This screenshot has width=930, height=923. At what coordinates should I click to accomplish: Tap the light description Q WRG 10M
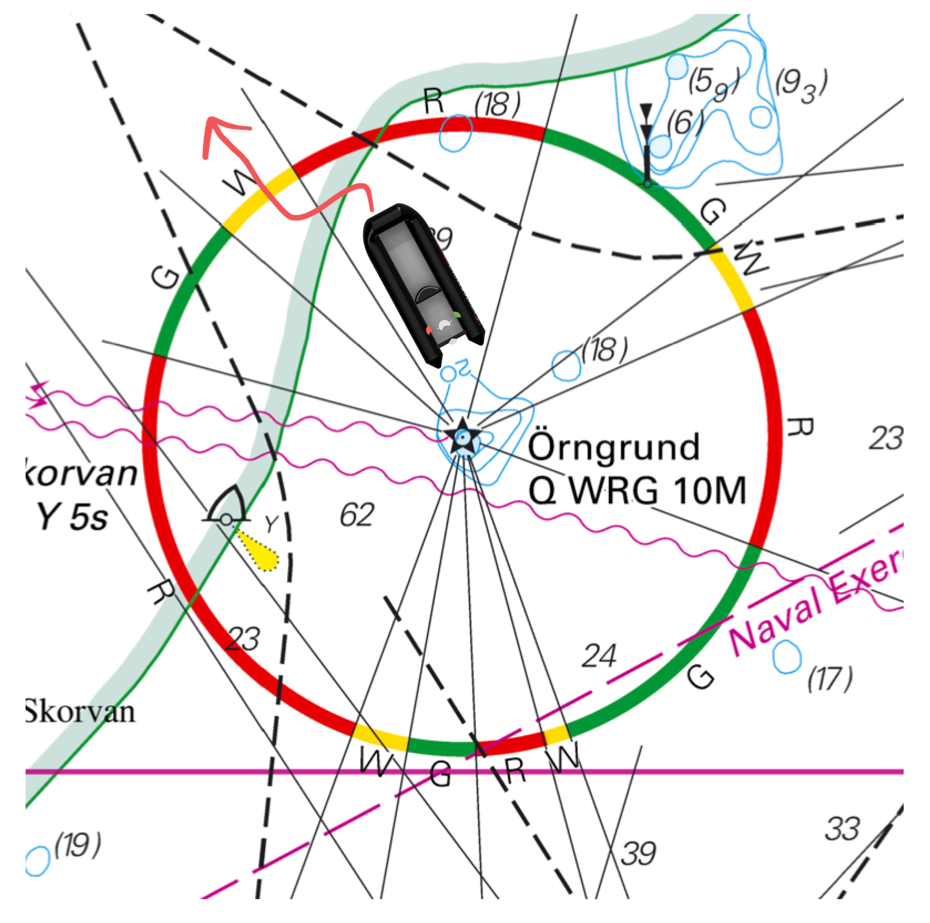coord(636,491)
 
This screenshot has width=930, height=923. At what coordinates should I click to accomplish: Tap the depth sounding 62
coord(357,515)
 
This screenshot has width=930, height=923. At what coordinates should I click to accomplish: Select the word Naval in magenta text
coord(775,621)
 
